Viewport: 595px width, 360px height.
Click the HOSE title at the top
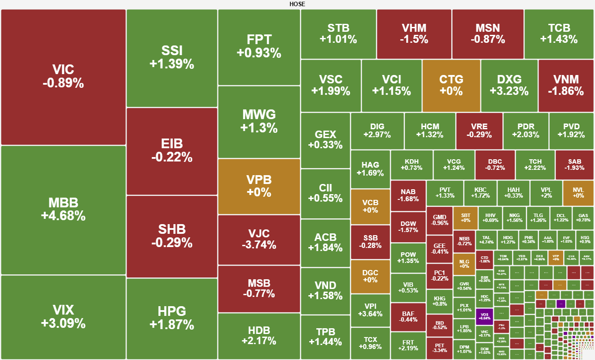pos(297,4)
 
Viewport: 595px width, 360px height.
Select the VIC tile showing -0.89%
pos(63,77)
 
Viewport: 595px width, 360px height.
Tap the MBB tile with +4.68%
pos(63,210)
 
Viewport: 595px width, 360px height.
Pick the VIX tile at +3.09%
pos(63,317)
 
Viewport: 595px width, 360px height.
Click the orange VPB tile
pos(259,186)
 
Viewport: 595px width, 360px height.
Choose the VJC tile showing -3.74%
pos(259,239)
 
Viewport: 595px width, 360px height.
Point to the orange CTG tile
pos(451,85)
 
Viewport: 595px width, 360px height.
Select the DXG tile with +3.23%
pos(509,85)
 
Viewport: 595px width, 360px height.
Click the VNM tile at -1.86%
pos(566,85)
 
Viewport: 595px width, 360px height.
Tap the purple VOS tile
pos(484,315)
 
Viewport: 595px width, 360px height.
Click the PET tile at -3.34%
pos(439,348)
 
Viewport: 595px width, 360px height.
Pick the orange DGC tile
pos(370,276)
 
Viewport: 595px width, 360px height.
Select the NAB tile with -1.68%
pos(408,195)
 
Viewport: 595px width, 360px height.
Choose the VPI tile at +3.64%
pos(370,310)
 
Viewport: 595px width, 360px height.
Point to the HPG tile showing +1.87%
pos(172,318)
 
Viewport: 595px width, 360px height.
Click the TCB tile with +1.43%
pos(559,34)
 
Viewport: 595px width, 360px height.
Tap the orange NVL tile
pos(578,193)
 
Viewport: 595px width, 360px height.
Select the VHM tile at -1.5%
pos(414,34)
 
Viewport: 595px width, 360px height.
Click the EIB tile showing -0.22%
pos(172,150)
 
